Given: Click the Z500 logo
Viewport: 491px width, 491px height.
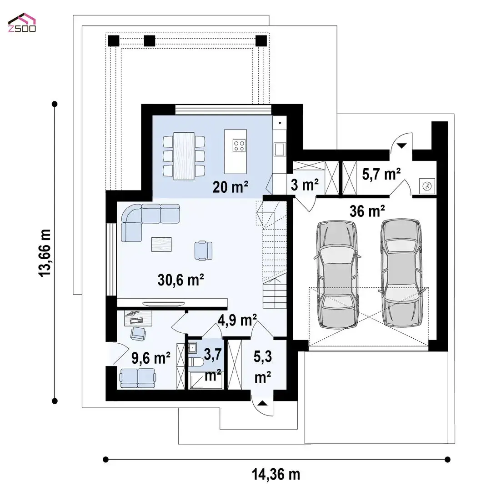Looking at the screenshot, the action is click(22, 23).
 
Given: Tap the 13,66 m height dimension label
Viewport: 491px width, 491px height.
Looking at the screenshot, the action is click(45, 253).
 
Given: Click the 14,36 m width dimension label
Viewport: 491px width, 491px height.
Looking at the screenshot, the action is click(276, 474).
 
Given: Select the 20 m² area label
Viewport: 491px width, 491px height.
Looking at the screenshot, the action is click(230, 187).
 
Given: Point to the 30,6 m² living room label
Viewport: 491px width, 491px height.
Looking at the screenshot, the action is click(181, 280).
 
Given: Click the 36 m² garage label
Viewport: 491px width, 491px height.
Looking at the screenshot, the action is click(367, 211).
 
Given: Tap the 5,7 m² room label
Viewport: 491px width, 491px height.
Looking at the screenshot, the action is click(381, 174).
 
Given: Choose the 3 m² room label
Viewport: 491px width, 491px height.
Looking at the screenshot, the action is click(305, 185).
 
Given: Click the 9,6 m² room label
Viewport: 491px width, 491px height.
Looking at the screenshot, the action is click(151, 358).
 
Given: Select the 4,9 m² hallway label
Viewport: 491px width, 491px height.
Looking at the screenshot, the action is click(237, 320).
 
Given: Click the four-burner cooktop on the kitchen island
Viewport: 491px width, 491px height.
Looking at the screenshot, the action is click(239, 145).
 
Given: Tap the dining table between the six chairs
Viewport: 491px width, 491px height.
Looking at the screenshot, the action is click(184, 155).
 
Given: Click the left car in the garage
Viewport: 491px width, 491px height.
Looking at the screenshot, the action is click(337, 274).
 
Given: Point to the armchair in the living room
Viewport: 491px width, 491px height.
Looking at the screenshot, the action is click(203, 250).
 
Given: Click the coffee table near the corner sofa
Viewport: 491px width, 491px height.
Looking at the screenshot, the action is click(161, 244).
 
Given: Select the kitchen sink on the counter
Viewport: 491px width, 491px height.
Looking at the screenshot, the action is click(279, 150).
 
